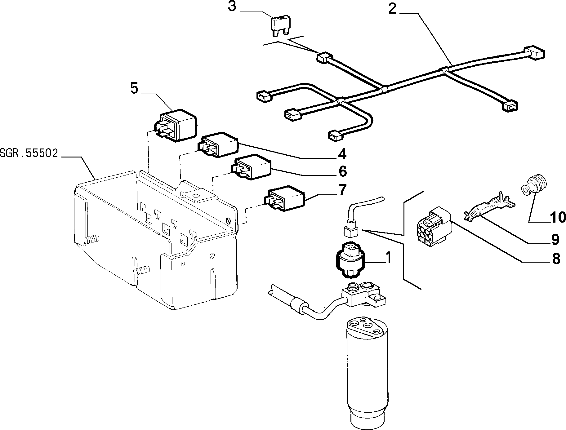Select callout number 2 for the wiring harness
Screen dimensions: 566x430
click(x=392, y=9)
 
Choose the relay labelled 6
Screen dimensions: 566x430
click(x=251, y=166)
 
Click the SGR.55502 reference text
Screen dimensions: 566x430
click(x=29, y=153)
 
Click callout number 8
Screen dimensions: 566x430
click(x=556, y=259)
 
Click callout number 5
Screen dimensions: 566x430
click(x=134, y=88)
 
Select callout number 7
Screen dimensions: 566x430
click(x=342, y=190)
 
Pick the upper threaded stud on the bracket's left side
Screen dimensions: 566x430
click(x=91, y=239)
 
